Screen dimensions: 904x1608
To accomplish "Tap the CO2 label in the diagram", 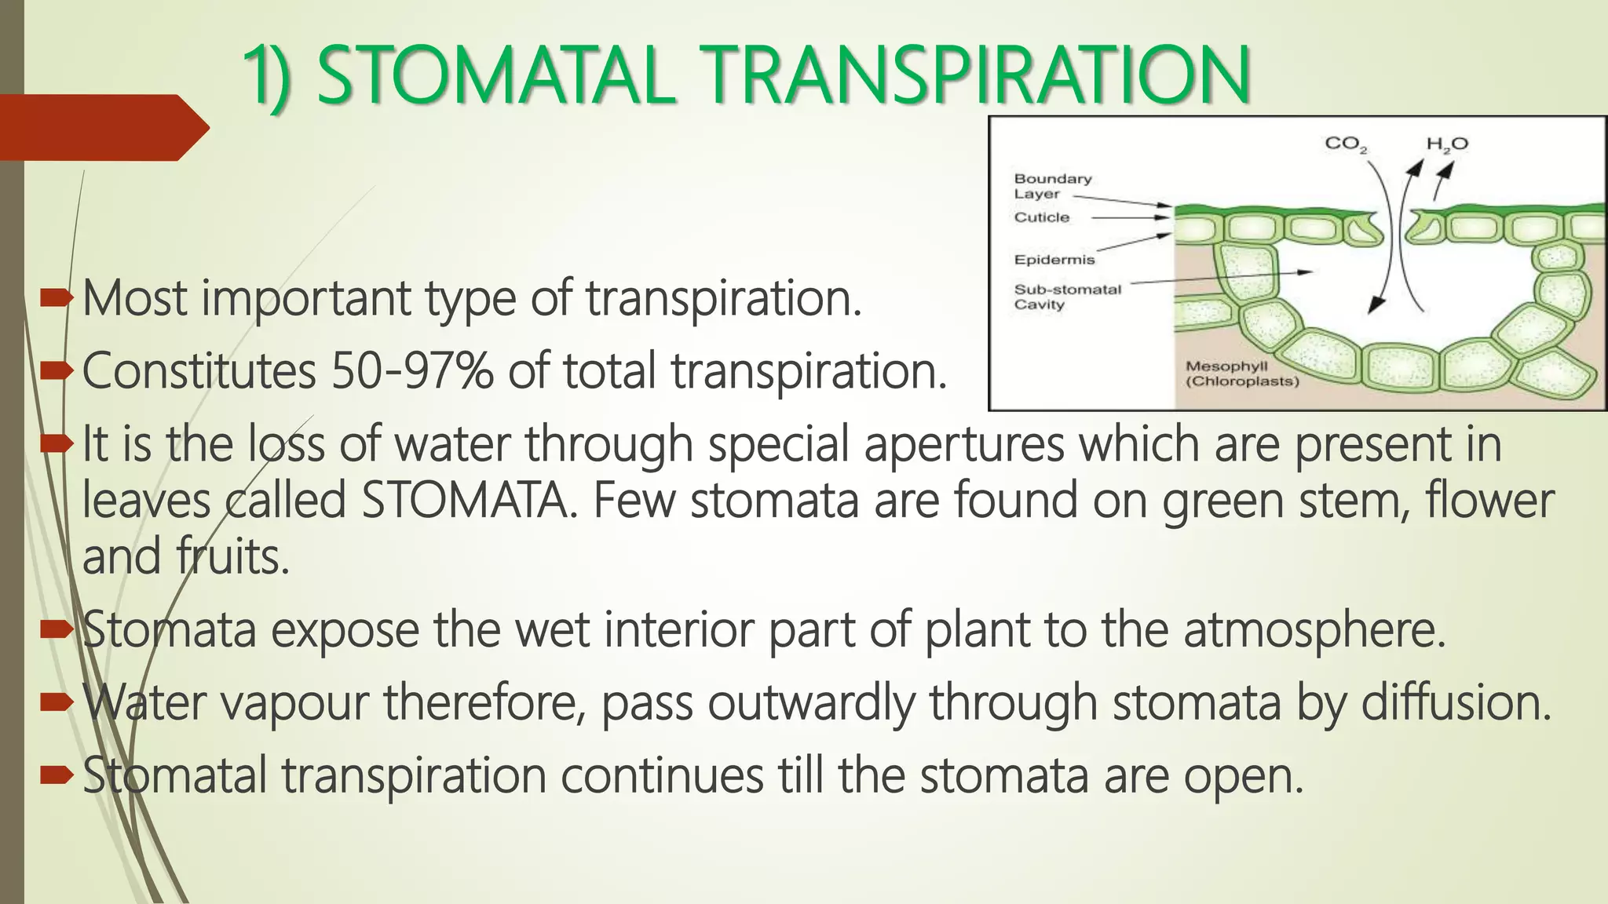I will coord(1346,144).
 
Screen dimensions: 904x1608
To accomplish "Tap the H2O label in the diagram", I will coord(1447,144).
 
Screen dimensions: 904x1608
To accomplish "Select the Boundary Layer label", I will coord(1052,186).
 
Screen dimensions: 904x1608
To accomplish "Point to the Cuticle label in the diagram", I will coord(1042,217).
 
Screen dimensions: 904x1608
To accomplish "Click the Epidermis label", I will coord(1054,260).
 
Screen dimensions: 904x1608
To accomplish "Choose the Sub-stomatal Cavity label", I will coord(1067,297).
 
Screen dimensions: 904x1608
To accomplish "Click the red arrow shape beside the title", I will coord(102,128).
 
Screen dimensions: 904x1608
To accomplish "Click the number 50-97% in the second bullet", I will coord(411,370).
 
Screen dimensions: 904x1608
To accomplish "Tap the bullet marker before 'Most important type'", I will coord(56,297).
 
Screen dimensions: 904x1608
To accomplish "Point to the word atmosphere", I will coord(1313,629).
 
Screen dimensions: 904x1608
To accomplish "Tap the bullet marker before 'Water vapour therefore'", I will coord(56,702).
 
